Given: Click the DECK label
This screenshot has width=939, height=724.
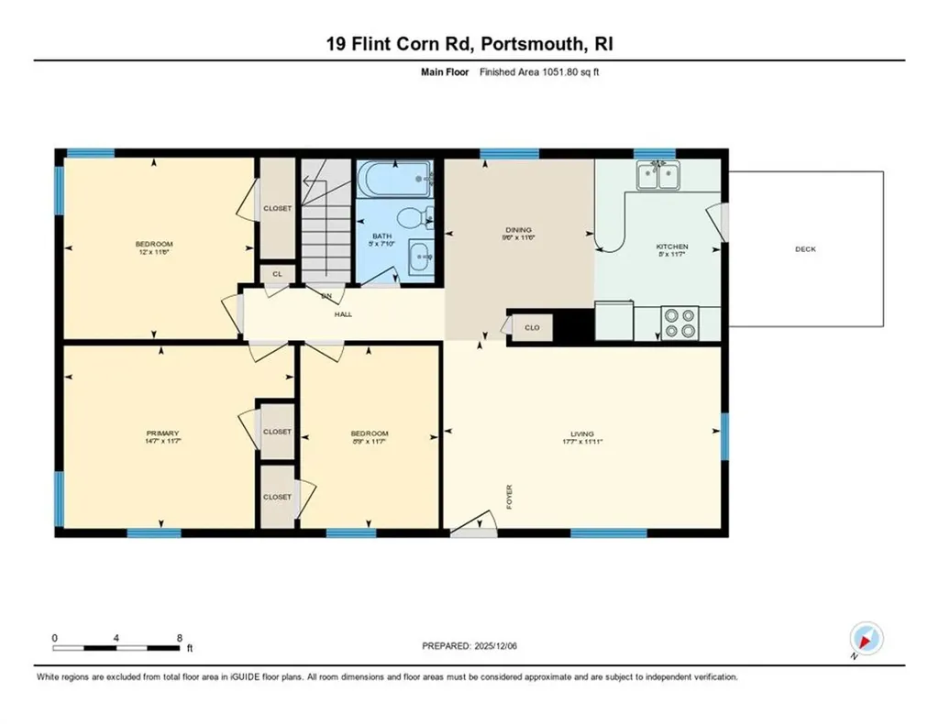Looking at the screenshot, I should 806,249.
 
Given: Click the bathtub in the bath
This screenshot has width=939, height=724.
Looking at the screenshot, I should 395,180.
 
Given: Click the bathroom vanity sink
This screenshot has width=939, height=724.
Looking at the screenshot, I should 421,256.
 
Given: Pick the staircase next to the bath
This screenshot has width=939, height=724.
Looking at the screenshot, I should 327,220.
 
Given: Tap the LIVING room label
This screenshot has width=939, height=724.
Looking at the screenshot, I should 581,433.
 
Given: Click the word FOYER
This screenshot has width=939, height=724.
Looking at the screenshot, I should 509,497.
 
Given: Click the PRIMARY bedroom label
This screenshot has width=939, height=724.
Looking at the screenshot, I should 161,433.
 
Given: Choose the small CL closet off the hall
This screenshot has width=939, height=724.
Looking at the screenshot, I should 277,274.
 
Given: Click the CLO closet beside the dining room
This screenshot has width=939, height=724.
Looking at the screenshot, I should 532,326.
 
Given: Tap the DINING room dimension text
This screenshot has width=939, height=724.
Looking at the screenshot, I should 519,237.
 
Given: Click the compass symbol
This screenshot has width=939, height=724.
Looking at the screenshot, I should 866,639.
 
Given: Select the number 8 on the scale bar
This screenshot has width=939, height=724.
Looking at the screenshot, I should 180,637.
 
